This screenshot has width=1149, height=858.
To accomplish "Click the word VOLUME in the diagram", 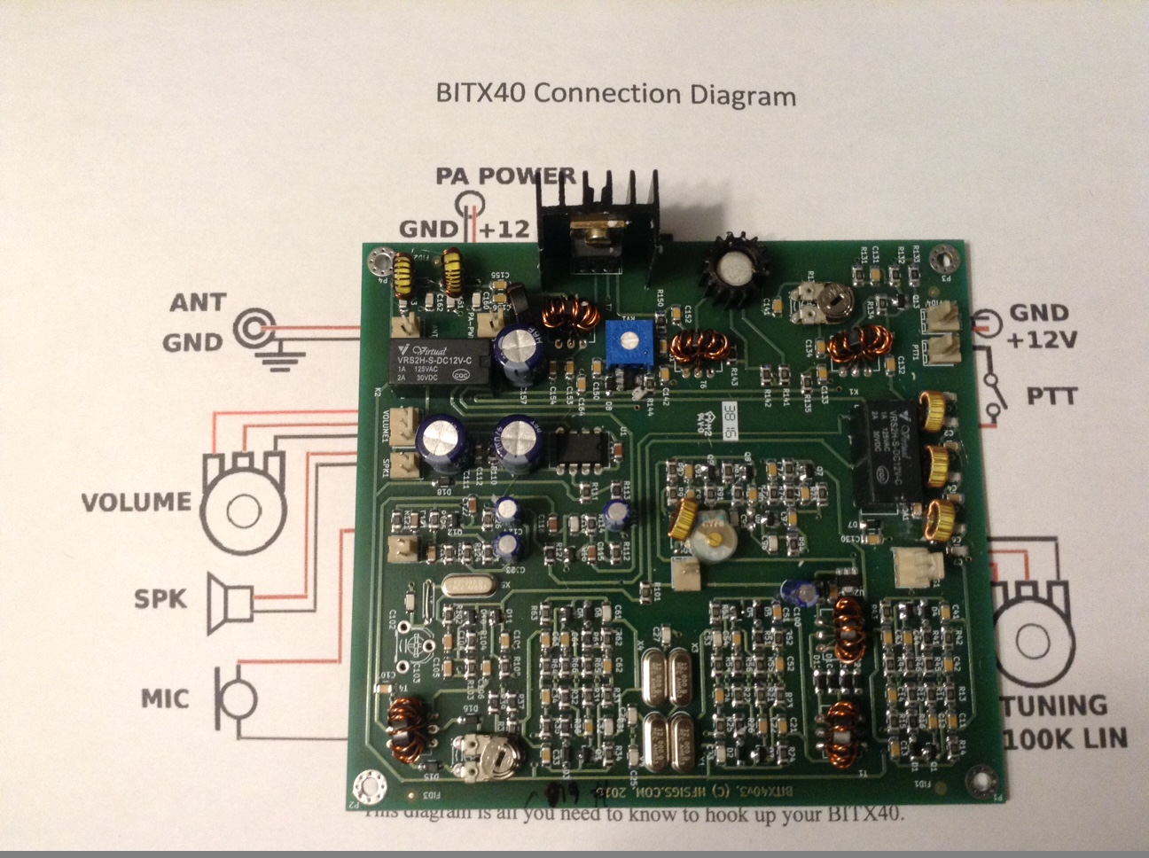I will point(137,503).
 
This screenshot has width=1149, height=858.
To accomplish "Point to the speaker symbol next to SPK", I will point(230,603).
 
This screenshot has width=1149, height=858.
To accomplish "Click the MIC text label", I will point(165,698).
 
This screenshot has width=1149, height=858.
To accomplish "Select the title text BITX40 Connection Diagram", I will point(616,94).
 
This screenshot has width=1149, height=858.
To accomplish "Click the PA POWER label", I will point(505,175).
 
